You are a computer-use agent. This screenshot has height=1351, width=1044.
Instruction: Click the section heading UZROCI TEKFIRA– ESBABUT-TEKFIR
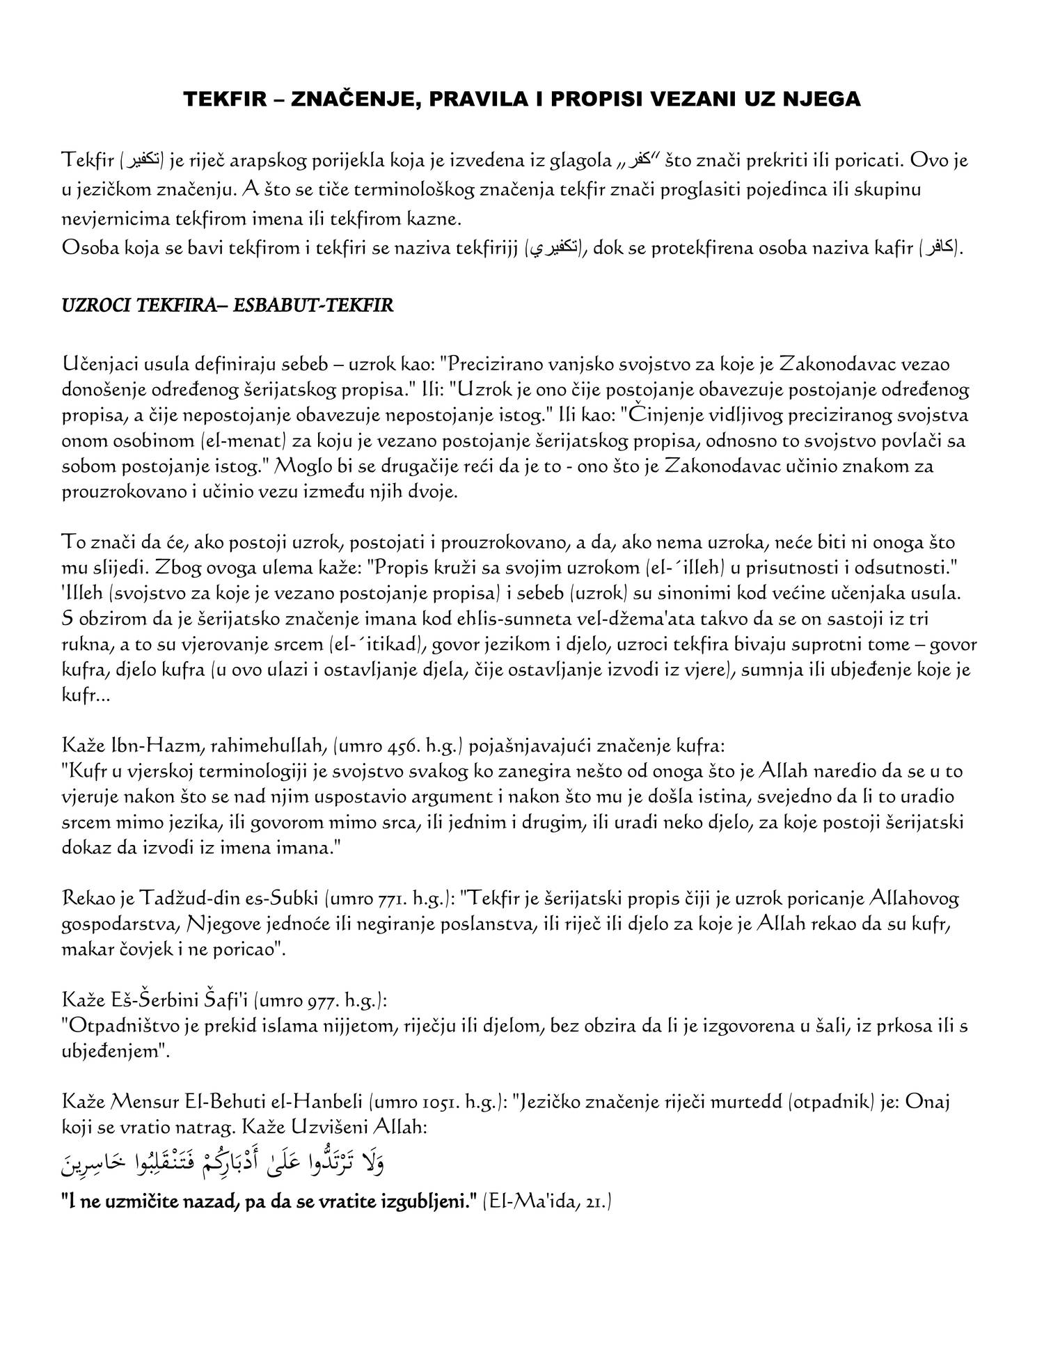point(228,306)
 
